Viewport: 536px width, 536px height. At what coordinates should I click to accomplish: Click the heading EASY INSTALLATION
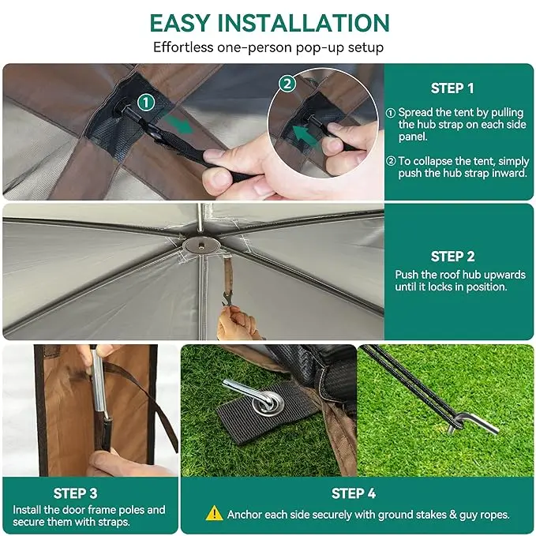pos(269,23)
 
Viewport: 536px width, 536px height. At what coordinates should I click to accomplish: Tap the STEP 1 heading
pos(452,88)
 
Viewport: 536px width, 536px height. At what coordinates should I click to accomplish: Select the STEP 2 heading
pos(452,257)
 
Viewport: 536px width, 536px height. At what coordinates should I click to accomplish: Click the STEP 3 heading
pos(75,493)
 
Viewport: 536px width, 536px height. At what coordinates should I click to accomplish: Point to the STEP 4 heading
pos(354,493)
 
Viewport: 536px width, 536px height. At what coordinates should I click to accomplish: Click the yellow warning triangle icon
pos(215,513)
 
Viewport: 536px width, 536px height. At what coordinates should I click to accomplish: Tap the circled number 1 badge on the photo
pos(146,103)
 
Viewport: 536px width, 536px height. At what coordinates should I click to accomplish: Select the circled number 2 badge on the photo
pos(287,84)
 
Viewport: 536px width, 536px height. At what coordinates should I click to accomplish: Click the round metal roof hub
pos(201,245)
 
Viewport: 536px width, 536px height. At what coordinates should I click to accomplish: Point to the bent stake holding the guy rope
pos(474,425)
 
